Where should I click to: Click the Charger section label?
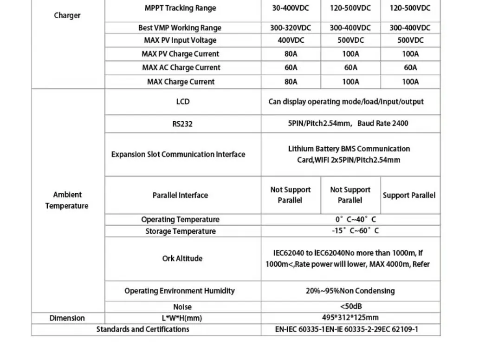click(x=67, y=15)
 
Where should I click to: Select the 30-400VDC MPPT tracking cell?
click(x=291, y=8)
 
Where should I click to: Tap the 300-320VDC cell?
click(x=291, y=28)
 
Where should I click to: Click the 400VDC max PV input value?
click(x=291, y=40)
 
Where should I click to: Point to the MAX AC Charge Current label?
click(x=181, y=68)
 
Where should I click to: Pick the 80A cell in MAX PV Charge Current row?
click(x=291, y=54)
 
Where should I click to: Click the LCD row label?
click(x=183, y=102)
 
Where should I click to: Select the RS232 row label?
click(x=182, y=124)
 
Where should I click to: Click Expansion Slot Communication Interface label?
click(x=178, y=155)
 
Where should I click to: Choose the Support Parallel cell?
click(x=409, y=196)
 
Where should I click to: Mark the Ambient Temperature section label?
click(x=67, y=200)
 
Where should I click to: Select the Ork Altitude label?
click(x=182, y=259)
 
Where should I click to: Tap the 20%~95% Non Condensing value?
click(x=350, y=291)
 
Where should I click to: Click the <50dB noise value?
click(x=350, y=307)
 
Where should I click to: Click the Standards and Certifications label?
click(x=142, y=329)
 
